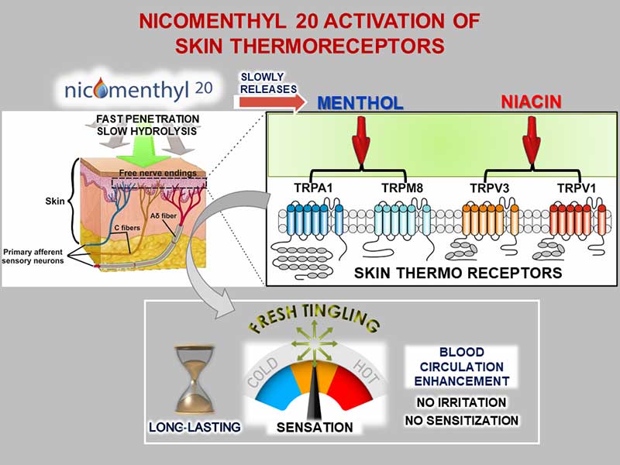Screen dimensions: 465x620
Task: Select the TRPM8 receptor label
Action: (402, 188)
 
